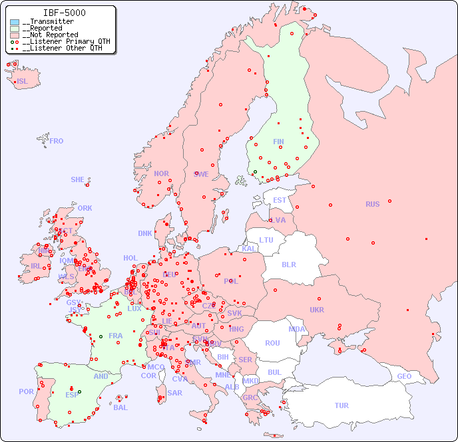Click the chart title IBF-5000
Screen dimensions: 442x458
click(64, 13)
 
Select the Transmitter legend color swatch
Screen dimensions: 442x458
click(15, 22)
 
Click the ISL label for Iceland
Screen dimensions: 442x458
click(23, 82)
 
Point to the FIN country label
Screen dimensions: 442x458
click(278, 142)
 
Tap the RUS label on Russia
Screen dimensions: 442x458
click(372, 204)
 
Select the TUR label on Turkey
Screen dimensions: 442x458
click(342, 405)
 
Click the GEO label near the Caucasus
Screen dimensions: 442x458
click(404, 376)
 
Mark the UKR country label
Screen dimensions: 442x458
click(317, 310)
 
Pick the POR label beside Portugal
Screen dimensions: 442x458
click(26, 391)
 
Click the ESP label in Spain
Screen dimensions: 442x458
click(72, 394)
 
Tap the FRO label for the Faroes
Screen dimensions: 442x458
click(57, 141)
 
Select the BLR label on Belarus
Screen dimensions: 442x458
click(289, 264)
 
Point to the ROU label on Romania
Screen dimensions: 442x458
click(272, 343)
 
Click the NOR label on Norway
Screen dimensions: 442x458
click(161, 173)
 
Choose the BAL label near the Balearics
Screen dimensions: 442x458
click(120, 407)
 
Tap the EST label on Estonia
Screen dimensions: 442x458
click(280, 200)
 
